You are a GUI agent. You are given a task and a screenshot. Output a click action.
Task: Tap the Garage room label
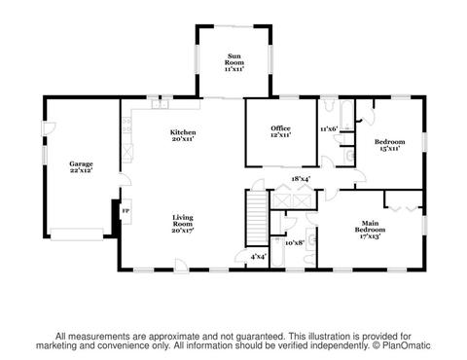81,163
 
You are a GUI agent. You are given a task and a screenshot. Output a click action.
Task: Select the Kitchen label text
183,132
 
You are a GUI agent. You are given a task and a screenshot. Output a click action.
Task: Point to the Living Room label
183,221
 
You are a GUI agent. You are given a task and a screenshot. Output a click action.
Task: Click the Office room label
280,128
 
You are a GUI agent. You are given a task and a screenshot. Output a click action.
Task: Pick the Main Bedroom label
370,227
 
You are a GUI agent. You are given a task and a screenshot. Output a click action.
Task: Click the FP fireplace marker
126,211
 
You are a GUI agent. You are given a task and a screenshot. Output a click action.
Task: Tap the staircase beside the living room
257,218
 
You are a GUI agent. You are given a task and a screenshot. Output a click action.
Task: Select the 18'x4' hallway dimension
302,179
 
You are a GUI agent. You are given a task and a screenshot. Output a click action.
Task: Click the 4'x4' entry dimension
259,257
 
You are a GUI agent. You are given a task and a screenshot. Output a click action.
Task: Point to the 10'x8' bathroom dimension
295,242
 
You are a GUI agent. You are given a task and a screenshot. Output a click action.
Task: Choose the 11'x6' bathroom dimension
329,129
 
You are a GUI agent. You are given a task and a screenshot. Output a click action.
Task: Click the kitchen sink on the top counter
161,104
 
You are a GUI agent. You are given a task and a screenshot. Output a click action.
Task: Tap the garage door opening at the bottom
77,234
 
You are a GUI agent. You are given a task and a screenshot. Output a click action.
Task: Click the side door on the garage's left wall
49,128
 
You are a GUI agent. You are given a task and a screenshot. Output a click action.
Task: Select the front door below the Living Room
181,266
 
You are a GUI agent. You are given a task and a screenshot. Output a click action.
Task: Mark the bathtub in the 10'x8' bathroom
278,252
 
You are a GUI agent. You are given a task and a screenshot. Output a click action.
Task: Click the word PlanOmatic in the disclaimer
407,345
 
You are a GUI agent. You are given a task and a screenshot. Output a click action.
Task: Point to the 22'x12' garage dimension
81,170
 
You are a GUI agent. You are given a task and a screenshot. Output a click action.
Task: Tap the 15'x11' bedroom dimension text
389,149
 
